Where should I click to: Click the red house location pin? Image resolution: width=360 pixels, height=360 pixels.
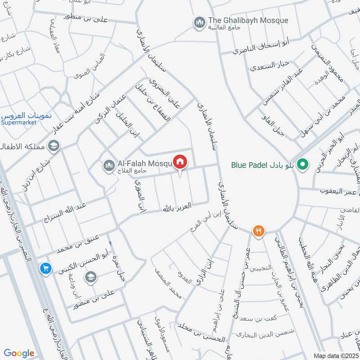tap(180, 162)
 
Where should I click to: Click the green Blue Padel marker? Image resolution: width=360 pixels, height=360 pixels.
tap(303, 165)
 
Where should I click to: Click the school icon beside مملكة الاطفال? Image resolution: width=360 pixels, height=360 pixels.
tap(54, 146)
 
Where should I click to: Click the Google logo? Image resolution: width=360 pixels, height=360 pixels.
tap(19, 353)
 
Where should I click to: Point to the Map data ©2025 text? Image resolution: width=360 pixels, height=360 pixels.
tap(336, 355)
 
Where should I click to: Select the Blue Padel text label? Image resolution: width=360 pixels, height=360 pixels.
tap(249, 165)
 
